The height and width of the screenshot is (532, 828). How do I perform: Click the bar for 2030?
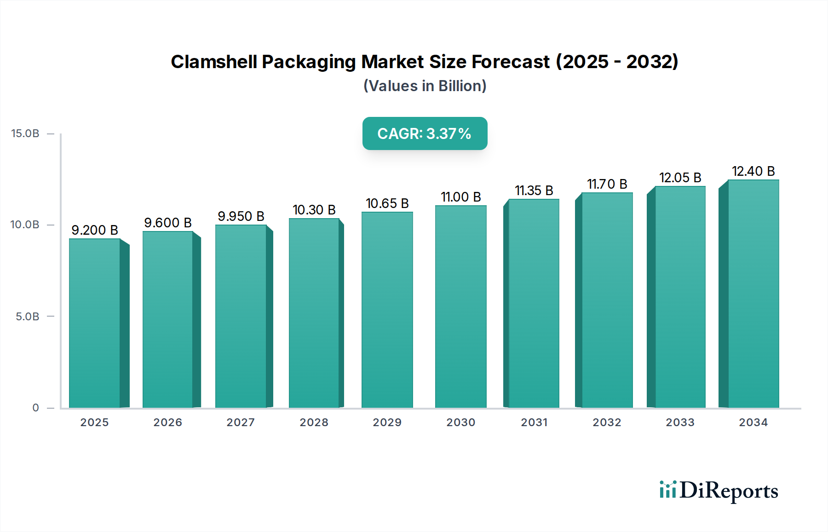[x=460, y=306]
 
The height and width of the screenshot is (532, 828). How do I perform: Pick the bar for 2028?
[x=314, y=313]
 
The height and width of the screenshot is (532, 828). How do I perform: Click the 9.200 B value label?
[x=95, y=230]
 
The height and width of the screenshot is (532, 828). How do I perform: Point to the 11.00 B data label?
[x=460, y=197]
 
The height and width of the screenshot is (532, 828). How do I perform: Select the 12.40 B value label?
[x=753, y=171]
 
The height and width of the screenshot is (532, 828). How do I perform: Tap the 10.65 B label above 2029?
[x=387, y=203]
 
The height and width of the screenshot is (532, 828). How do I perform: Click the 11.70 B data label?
[x=607, y=184]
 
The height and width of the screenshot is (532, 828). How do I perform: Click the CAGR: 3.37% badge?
[x=425, y=133]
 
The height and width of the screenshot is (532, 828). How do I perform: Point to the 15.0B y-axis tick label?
[x=25, y=133]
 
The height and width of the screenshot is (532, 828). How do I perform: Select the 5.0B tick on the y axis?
[x=28, y=317]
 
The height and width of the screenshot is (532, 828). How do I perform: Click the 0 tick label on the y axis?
[x=35, y=408]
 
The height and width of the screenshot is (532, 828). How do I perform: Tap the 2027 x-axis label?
[x=241, y=422]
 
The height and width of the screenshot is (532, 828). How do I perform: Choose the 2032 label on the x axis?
[x=607, y=422]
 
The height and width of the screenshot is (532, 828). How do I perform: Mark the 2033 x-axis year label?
[x=680, y=422]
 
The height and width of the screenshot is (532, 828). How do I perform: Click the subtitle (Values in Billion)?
[x=425, y=86]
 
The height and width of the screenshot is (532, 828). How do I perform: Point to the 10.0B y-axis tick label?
[x=25, y=225]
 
